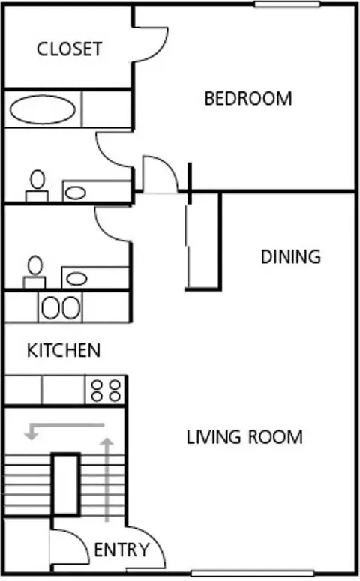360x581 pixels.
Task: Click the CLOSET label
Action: click(69, 49)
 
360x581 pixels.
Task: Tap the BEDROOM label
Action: click(248, 99)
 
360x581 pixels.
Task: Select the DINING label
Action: click(291, 257)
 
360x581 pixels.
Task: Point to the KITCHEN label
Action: click(64, 350)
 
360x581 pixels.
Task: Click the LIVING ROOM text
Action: click(244, 437)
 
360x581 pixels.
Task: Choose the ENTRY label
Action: click(121, 550)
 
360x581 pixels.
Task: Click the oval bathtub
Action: click(43, 109)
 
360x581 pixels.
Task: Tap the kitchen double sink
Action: click(61, 307)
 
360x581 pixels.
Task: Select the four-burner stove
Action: click(106, 390)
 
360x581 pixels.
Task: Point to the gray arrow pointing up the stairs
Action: click(107, 480)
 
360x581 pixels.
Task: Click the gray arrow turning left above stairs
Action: click(65, 425)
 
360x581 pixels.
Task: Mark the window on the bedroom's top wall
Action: click(287, 4)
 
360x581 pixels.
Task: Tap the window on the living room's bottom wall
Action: click(253, 573)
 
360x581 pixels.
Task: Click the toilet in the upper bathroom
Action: click(37, 185)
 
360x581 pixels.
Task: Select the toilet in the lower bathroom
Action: click(34, 271)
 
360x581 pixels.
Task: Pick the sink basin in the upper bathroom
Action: click(76, 193)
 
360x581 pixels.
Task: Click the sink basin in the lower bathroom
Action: click(76, 279)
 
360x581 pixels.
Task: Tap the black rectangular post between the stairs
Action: click(65, 484)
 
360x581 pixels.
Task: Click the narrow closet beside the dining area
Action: click(203, 241)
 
